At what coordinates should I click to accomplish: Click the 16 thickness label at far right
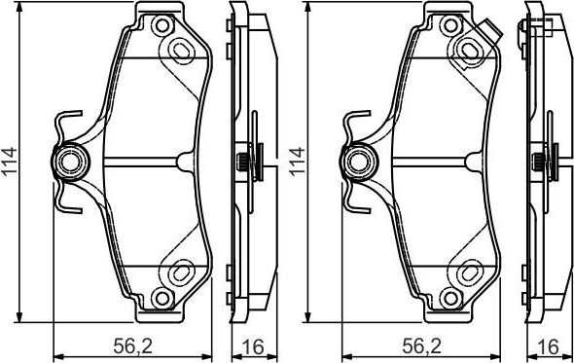552,345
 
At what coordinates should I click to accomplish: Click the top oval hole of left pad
181,47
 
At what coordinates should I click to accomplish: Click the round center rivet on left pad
70,162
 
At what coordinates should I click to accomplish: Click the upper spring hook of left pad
64,124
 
